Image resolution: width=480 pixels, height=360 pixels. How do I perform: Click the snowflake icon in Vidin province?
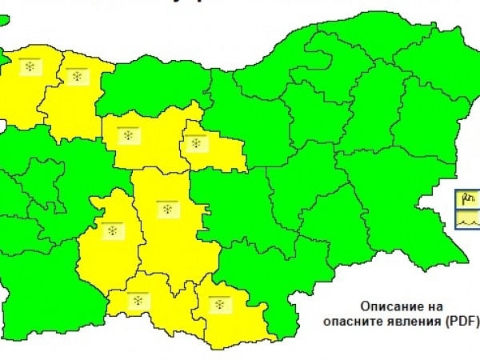pos(30,66)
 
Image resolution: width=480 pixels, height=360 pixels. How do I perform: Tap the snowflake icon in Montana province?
pos(77,77)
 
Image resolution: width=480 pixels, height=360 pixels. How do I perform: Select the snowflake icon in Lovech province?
pos(127,135)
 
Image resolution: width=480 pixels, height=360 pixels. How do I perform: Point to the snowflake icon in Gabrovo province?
pos(194,144)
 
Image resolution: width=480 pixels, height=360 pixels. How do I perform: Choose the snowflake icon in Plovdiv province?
pos(167,209)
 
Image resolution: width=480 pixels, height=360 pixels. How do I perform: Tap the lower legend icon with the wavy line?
pos(467,217)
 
